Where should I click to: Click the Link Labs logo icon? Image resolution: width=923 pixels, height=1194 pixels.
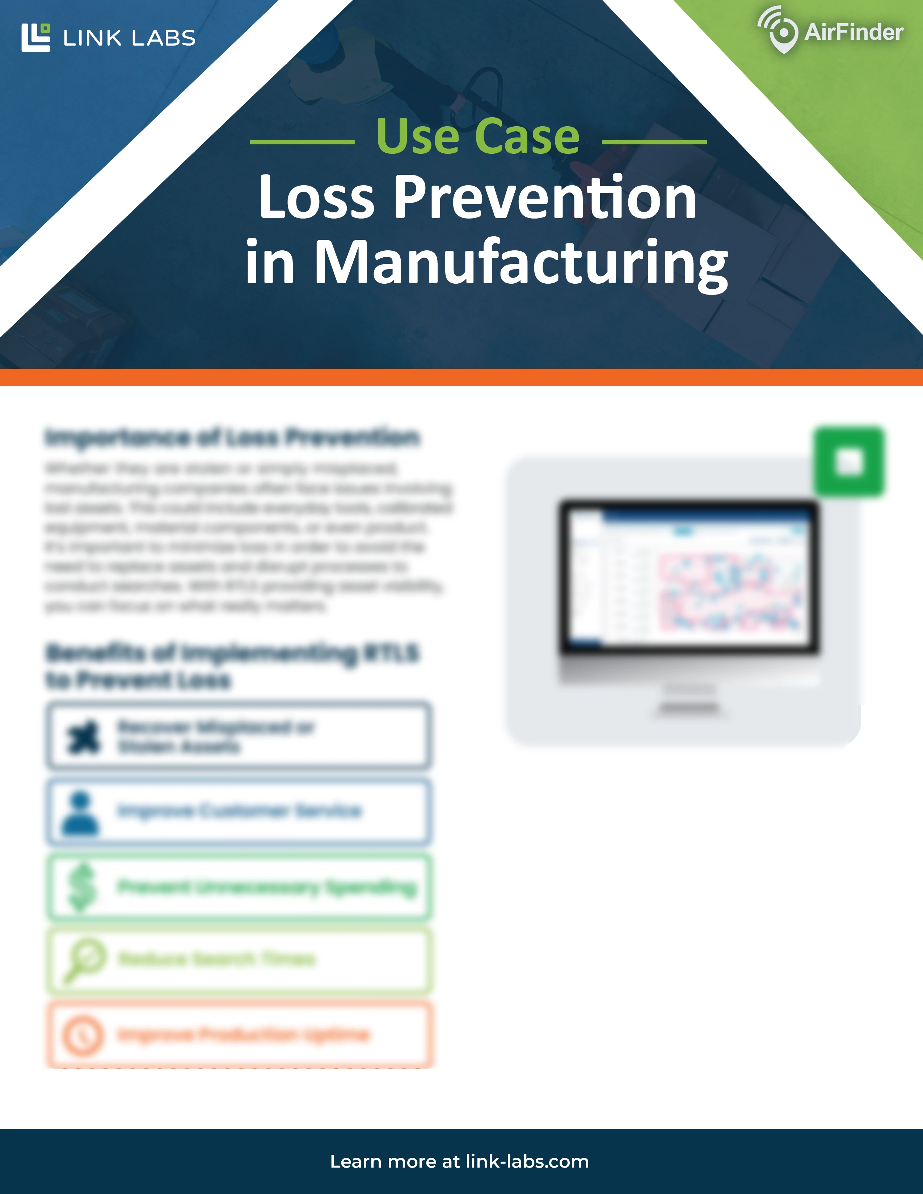coord(35,37)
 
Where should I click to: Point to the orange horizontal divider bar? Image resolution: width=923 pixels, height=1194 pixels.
coord(461,377)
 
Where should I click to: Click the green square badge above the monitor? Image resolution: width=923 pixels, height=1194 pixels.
coord(849,462)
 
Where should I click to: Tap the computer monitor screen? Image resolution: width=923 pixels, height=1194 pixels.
coord(688,577)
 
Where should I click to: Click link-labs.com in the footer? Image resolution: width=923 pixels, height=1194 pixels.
coord(527,1161)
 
